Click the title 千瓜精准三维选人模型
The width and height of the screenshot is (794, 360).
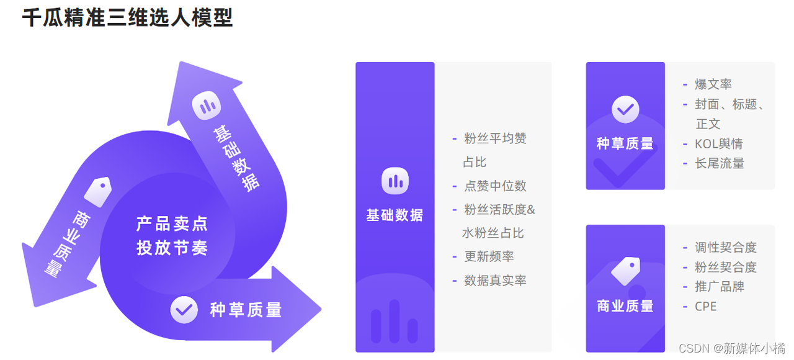click(127, 18)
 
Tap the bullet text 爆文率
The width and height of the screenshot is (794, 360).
click(713, 84)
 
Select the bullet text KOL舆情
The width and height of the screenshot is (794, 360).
click(718, 143)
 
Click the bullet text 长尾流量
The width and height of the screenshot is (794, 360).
click(719, 163)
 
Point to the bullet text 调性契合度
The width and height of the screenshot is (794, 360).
click(725, 247)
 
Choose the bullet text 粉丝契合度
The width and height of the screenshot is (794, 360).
click(725, 267)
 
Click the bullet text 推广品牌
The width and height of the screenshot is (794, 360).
click(719, 286)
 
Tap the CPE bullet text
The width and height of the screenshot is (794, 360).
click(705, 306)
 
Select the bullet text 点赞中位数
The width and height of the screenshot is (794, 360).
click(495, 186)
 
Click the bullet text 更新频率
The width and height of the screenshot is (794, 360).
click(489, 256)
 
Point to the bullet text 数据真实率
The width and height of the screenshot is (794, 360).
click(495, 280)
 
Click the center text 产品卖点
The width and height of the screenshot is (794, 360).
click(172, 223)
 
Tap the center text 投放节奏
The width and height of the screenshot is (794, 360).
click(172, 248)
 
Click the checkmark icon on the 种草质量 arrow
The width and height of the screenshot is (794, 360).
click(184, 309)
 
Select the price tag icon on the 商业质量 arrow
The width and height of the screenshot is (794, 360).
click(99, 192)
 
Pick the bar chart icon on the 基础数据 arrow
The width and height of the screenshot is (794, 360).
click(207, 106)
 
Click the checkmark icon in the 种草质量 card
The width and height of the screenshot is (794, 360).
click(625, 110)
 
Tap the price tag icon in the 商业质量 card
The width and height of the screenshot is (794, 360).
click(625, 271)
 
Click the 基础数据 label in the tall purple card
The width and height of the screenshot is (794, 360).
click(395, 215)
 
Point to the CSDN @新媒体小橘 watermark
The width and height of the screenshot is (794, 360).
click(731, 348)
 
